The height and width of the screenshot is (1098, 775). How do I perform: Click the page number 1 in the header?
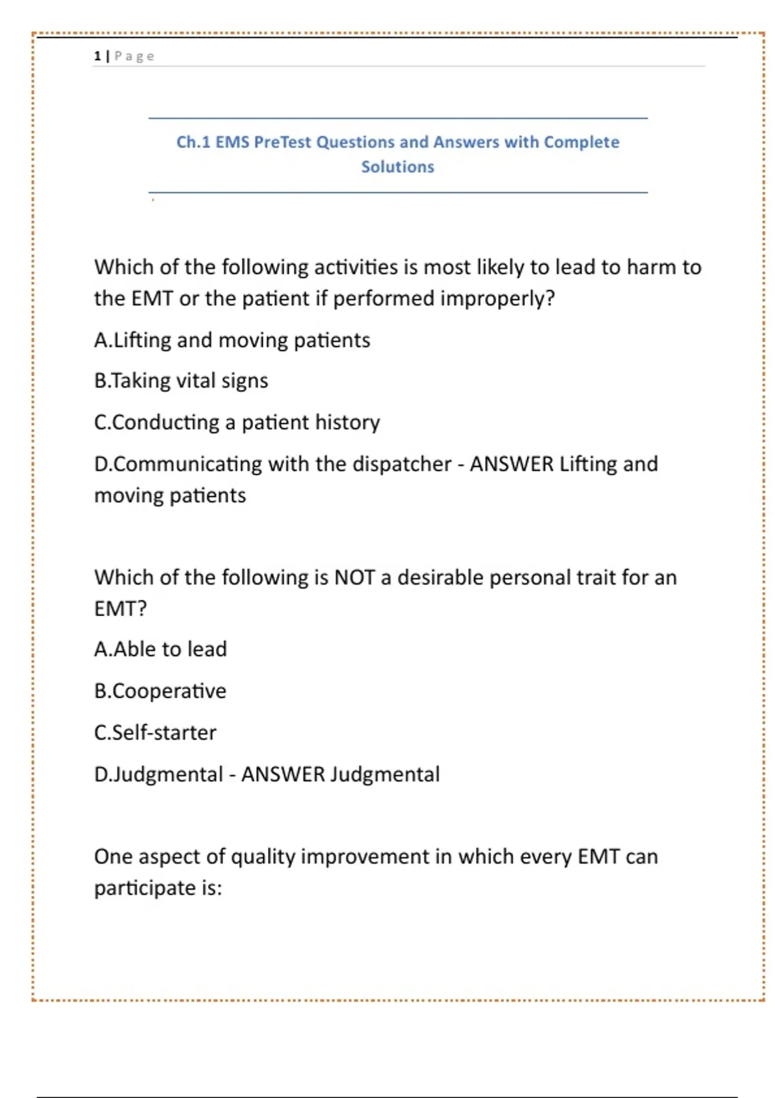97,56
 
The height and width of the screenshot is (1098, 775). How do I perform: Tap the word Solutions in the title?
397,167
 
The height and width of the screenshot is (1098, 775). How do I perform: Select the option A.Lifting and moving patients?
232,340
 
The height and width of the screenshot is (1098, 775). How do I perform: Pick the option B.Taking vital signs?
181,381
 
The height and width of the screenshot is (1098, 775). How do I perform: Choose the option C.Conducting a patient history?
237,422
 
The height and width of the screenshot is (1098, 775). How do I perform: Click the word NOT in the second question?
354,577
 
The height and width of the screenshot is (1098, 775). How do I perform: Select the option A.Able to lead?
160,649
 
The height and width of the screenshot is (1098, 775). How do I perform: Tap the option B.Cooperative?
160,691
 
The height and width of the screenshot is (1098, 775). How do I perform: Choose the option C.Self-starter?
155,732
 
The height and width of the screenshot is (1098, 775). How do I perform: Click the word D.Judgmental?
158,774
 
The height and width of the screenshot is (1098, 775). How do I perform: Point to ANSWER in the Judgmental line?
283,774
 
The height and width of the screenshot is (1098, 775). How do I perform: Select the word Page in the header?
134,56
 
